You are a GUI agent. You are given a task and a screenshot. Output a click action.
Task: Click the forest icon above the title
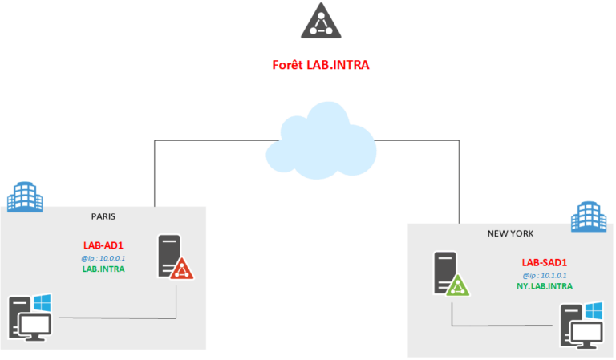pos(320,21)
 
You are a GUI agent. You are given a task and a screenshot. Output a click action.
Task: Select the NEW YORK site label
pos(511,233)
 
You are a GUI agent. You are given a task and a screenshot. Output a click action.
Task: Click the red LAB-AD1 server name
pos(103,245)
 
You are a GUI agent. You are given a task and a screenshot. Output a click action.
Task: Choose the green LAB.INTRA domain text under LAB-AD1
pos(103,269)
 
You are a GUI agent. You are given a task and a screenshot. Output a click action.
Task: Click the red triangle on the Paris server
pos(182,269)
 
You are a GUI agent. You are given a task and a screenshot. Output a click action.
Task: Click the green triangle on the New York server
pos(458,285)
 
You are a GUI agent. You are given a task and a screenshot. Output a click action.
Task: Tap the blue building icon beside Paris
pos(23,196)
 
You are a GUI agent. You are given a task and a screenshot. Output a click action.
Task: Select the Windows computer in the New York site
pos(580,325)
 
